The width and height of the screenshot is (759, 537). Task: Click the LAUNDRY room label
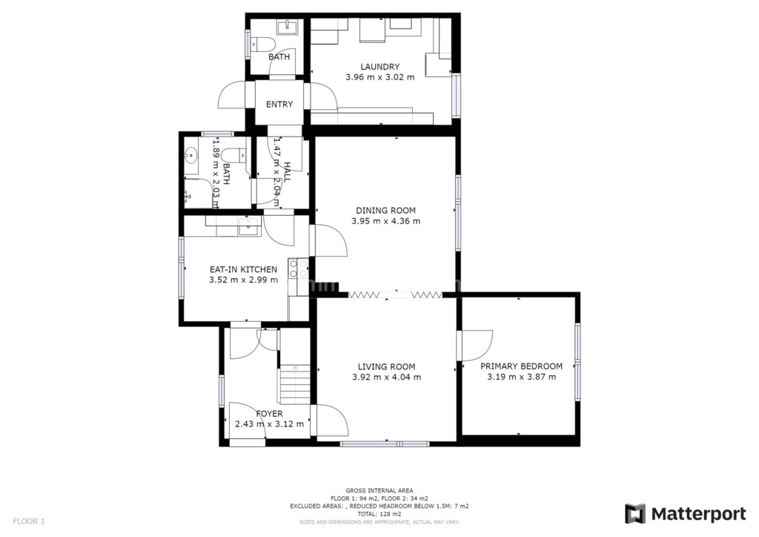coord(380,67)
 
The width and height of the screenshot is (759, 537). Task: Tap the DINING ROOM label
coord(385,211)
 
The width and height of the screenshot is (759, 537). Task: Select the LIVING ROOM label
coord(387,367)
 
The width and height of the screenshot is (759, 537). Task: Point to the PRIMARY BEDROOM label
coord(521,366)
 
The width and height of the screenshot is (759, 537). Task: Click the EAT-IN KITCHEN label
coord(243,270)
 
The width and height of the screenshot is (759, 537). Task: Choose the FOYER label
coord(270,414)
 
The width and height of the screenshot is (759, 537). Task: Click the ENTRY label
coord(279,104)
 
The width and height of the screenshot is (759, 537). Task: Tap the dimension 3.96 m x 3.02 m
coord(380,77)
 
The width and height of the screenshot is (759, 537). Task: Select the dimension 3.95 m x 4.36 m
coord(385,221)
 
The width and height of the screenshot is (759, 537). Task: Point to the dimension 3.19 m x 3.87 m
coord(521,377)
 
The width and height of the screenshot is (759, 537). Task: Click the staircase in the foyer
coord(294,384)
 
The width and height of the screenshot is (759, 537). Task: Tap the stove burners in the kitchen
coord(298,268)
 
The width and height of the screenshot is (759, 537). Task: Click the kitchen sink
coord(249,226)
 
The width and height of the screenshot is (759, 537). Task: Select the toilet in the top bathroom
coord(263,45)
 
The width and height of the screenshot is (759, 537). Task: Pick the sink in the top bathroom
coord(289,27)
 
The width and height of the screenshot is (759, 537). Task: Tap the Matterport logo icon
coord(635,514)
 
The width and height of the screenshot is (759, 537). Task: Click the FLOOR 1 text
coord(29,521)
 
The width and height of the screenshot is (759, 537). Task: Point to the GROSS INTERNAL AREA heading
coord(379,490)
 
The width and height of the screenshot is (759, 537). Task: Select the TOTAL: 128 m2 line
coord(379,514)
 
